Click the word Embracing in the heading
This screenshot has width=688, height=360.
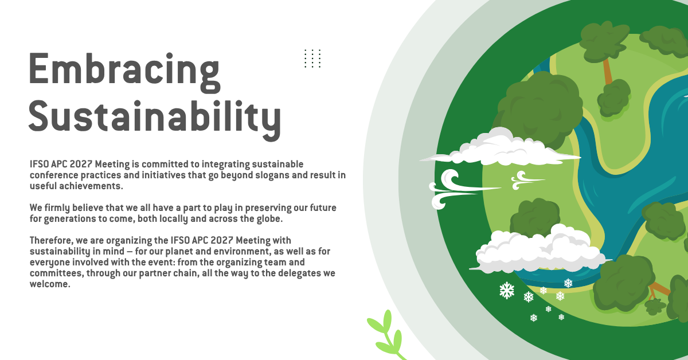(x=124, y=73)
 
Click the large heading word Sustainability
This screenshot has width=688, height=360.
(x=155, y=120)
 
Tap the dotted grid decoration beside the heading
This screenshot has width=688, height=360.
(x=312, y=58)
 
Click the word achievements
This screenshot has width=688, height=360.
(x=91, y=186)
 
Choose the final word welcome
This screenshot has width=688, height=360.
(x=50, y=284)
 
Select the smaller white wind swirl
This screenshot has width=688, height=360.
(x=527, y=181)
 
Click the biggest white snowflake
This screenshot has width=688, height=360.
(x=507, y=291)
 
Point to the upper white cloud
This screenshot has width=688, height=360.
(x=500, y=147)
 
